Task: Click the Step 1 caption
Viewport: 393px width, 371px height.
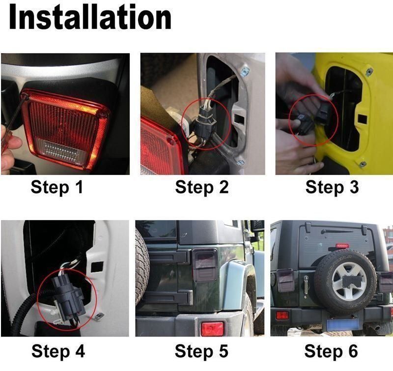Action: [56, 187]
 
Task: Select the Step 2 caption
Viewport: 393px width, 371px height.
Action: [202, 187]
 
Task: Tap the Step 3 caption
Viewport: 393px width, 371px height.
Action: [332, 187]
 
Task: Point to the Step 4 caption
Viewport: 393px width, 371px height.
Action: [58, 351]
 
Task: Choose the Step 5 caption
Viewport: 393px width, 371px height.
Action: [201, 351]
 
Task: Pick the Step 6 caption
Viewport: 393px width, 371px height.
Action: [331, 351]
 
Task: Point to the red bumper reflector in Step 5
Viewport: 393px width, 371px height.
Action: [212, 329]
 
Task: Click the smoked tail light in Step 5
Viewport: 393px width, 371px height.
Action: [205, 265]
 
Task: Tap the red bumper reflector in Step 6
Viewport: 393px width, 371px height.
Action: [282, 315]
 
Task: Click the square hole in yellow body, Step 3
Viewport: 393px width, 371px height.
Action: [363, 119]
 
